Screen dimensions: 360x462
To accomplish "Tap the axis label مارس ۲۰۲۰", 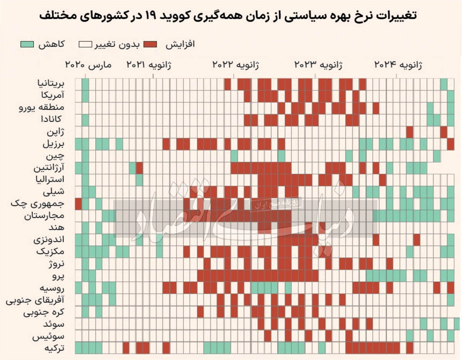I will tap(88, 65).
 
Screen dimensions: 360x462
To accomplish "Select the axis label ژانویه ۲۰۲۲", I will tap(236, 65).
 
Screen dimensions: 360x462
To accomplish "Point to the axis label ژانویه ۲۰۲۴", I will tap(398, 65).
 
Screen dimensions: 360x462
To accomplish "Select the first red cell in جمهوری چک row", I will tap(78, 204).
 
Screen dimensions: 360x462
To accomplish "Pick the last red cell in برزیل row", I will tap(451, 144).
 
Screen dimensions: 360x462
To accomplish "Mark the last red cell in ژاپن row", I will tap(444, 132).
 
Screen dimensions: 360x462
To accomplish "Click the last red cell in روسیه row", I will tap(451, 288).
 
